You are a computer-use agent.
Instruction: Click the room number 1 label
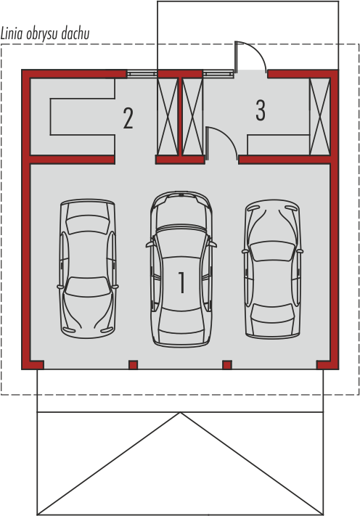(181, 282)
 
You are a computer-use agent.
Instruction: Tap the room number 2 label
(128, 118)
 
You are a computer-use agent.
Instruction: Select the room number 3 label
(261, 110)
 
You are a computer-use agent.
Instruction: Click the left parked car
(88, 269)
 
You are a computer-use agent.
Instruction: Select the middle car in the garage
(181, 269)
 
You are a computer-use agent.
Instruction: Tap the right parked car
(272, 269)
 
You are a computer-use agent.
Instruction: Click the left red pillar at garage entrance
(133, 364)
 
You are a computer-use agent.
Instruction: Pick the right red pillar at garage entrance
(227, 364)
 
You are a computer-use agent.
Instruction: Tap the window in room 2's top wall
(142, 74)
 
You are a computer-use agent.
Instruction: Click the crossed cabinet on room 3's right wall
(320, 116)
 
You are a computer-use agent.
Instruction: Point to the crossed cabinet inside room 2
(168, 116)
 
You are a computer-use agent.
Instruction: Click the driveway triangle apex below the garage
(180, 413)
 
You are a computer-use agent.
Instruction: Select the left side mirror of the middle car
(150, 245)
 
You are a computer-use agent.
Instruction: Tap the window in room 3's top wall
(218, 74)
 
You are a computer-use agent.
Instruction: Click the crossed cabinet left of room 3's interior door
(193, 116)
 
